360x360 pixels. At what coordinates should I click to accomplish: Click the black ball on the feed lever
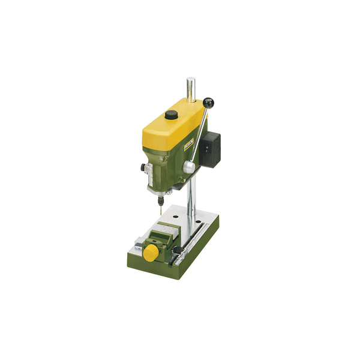(208, 103)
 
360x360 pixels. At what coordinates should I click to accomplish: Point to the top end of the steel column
(190, 80)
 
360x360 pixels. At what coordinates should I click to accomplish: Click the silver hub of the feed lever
(189, 167)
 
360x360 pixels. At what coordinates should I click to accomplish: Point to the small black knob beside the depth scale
(144, 167)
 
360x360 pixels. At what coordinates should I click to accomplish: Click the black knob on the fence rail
(178, 249)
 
